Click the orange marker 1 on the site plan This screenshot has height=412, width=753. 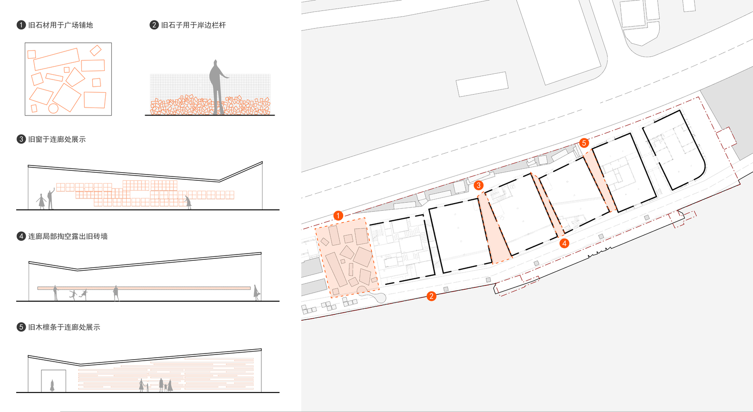pos(338,216)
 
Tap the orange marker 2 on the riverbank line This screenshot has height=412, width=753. pos(431,296)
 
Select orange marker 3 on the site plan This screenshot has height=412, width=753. pos(478,185)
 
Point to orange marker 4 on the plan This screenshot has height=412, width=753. pos(565,243)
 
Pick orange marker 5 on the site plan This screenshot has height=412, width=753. pos(584,143)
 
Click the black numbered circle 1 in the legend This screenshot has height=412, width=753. pos(21,25)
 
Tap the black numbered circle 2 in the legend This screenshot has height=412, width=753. pos(154,25)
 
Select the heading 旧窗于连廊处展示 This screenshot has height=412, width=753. pos(57,139)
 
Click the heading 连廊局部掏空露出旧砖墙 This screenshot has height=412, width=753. pos(68,236)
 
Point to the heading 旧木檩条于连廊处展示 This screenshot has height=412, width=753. pos(64,327)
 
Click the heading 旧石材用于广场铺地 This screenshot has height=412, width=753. pos(60,25)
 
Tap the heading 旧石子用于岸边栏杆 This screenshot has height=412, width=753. pos(193,25)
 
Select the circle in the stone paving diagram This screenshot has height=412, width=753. pos(53,108)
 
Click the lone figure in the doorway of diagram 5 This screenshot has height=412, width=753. pos(52,385)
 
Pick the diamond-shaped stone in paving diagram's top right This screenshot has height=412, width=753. pos(96,50)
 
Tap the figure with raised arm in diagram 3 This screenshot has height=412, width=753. pos(51,199)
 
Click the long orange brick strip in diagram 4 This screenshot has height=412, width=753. pos(144,288)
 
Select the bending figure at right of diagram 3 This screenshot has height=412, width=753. pos(188,203)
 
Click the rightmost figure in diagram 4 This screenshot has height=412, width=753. pos(257,293)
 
